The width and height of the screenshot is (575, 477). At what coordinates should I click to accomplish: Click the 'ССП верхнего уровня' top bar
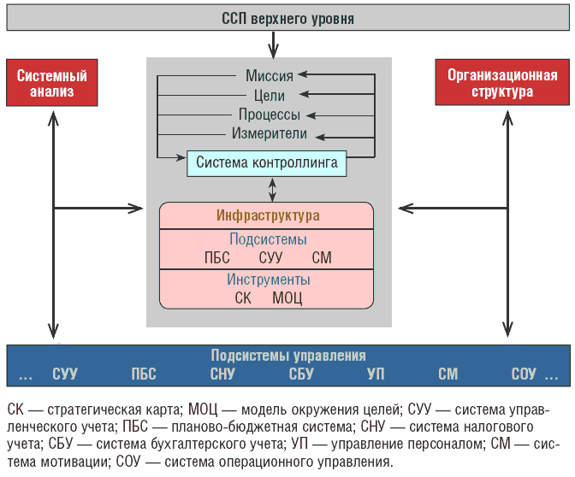point(287,18)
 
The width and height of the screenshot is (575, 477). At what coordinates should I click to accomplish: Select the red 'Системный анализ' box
point(52,83)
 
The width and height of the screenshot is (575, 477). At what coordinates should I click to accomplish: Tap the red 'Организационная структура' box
point(502,82)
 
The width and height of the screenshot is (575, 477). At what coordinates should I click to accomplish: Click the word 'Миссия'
point(270,76)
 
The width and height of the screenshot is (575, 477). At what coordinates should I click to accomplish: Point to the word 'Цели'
point(270,96)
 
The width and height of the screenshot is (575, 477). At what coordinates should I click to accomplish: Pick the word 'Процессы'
point(270,115)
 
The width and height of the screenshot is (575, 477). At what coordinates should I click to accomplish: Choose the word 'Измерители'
point(270,133)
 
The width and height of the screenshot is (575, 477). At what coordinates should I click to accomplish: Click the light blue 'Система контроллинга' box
point(267,163)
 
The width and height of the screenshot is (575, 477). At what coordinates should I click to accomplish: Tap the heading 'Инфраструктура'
point(268,215)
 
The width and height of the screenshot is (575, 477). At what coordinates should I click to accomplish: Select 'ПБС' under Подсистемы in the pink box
point(217,257)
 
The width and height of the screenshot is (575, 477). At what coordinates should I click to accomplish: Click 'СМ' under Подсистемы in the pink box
point(322,257)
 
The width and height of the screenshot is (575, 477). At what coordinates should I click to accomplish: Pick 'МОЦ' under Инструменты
point(287,297)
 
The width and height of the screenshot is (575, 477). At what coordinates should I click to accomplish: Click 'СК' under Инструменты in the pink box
point(243,297)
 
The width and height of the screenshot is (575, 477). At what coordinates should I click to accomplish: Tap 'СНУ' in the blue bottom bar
point(222,374)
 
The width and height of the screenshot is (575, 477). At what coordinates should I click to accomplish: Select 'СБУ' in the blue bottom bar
point(301,374)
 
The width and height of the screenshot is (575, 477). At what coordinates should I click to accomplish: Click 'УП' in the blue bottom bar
point(376,374)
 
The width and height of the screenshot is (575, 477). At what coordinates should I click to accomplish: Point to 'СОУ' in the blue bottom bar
point(524,374)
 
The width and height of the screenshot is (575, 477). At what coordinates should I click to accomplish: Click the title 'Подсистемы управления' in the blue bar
point(288,356)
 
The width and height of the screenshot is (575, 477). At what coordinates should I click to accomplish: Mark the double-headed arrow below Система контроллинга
point(272,190)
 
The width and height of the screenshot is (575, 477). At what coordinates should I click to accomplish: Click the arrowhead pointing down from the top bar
point(273,51)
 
